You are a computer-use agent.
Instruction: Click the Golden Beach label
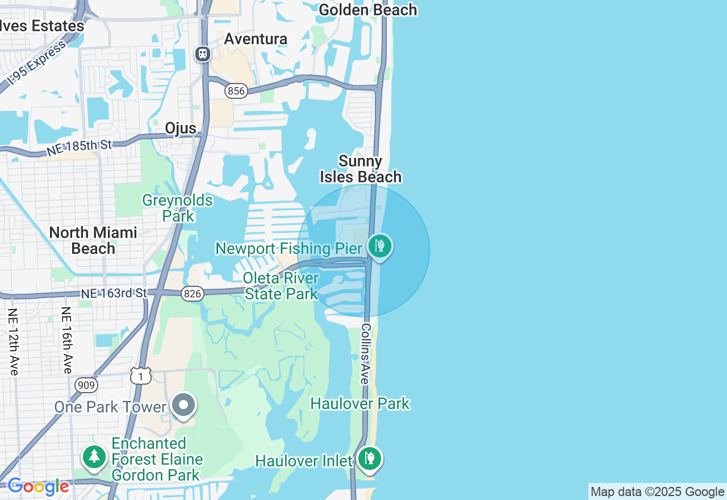(368, 10)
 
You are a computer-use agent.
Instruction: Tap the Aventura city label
(256, 39)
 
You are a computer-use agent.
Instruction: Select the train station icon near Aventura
(203, 54)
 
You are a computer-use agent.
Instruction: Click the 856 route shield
(236, 90)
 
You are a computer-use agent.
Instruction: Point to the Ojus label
(181, 128)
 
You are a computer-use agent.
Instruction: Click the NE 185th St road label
(79, 148)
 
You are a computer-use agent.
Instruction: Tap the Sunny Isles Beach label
(361, 169)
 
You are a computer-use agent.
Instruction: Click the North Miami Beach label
(93, 240)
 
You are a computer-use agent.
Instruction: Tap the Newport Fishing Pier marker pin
(379, 247)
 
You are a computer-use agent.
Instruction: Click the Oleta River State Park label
(281, 286)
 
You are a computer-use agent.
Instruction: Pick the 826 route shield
(193, 293)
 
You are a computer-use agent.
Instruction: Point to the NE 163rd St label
(114, 293)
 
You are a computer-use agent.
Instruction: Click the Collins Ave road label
(366, 353)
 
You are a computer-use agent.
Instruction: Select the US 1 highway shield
(140, 376)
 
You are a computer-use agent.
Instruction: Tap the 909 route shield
(86, 386)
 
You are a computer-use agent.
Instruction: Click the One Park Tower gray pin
(183, 406)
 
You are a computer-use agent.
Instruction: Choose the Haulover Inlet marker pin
(369, 458)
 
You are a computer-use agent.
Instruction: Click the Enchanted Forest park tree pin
(94, 456)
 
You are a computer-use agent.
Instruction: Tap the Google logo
(38, 487)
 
